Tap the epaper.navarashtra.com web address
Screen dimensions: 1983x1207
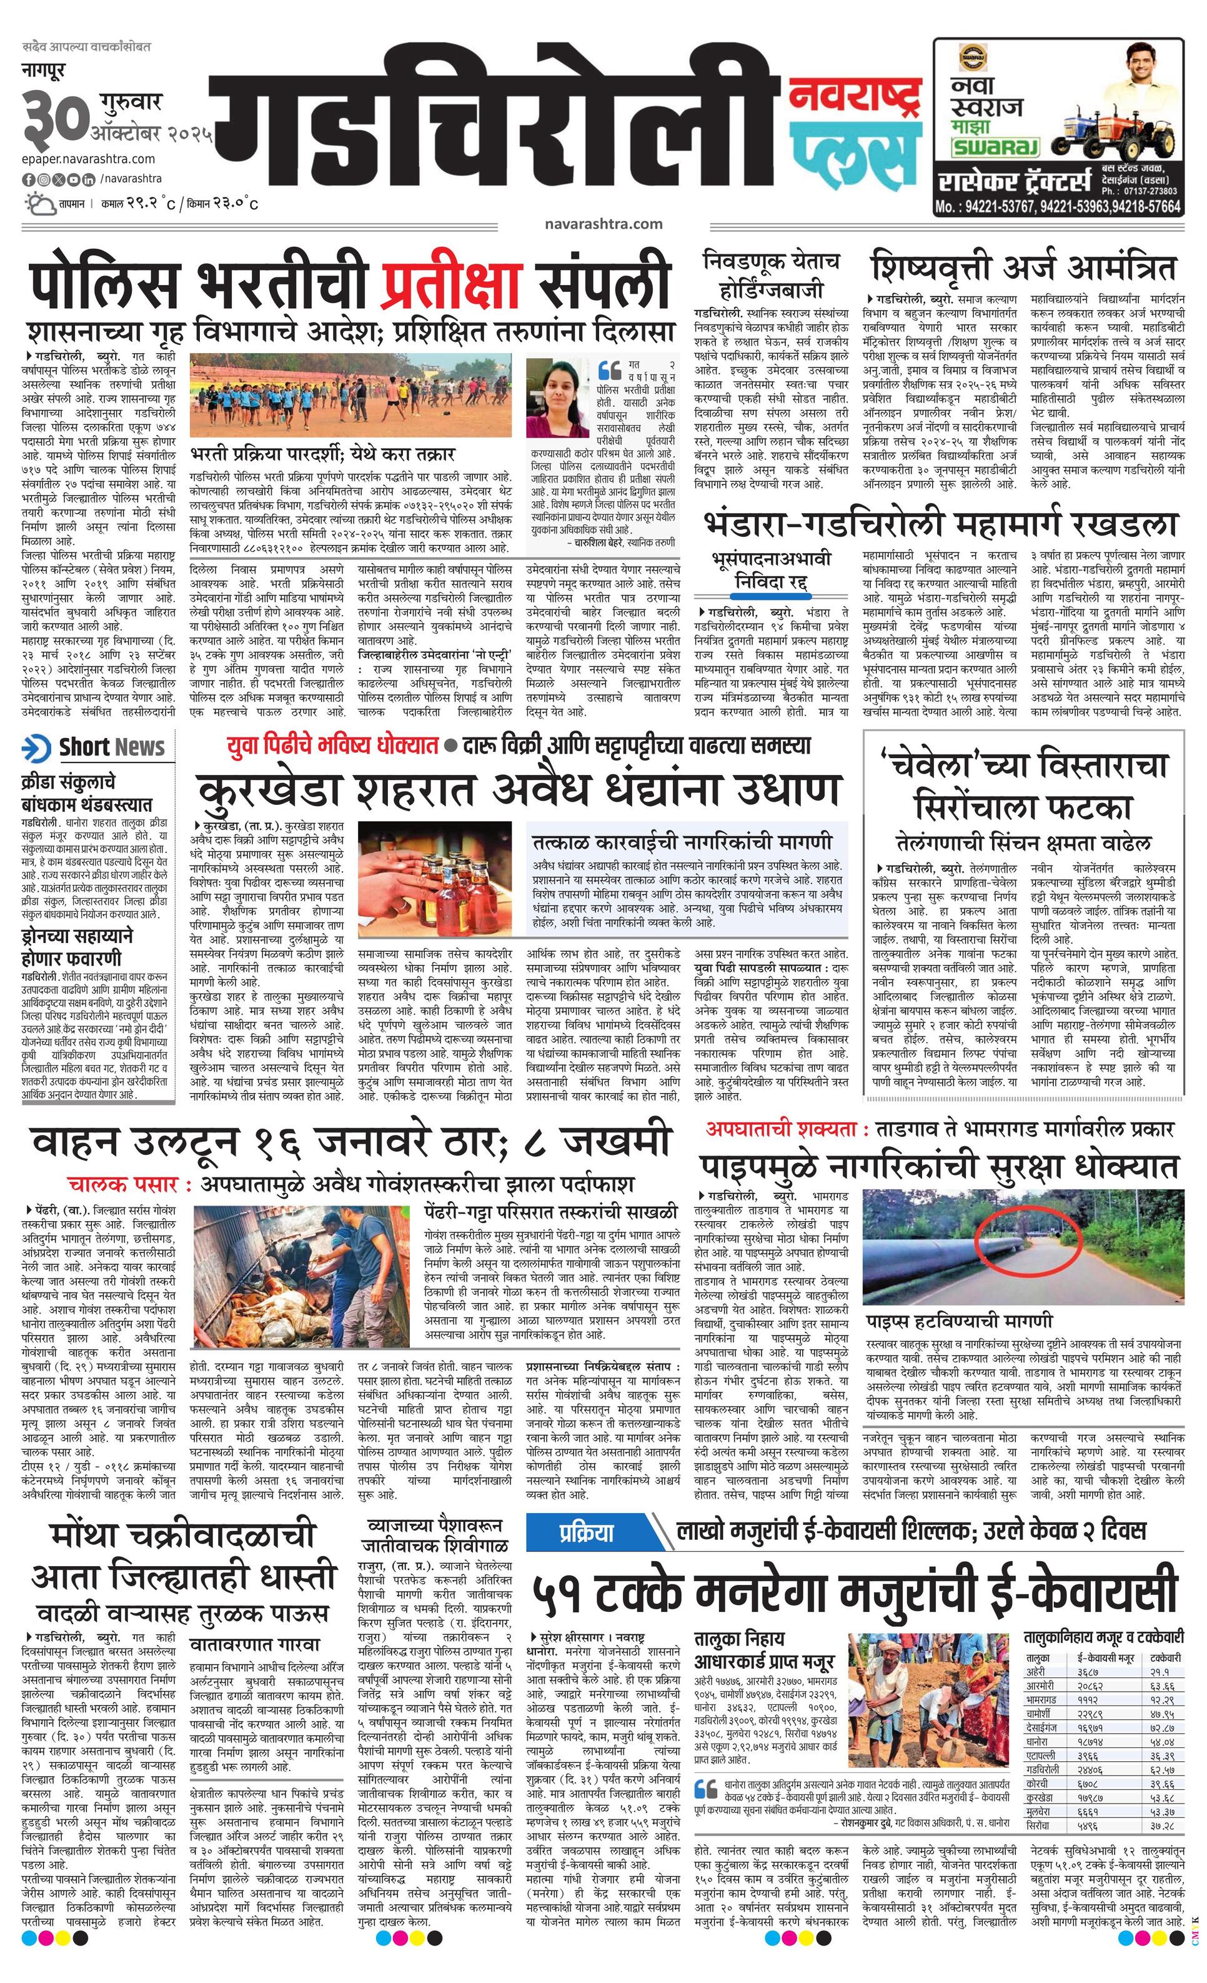coord(89,159)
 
